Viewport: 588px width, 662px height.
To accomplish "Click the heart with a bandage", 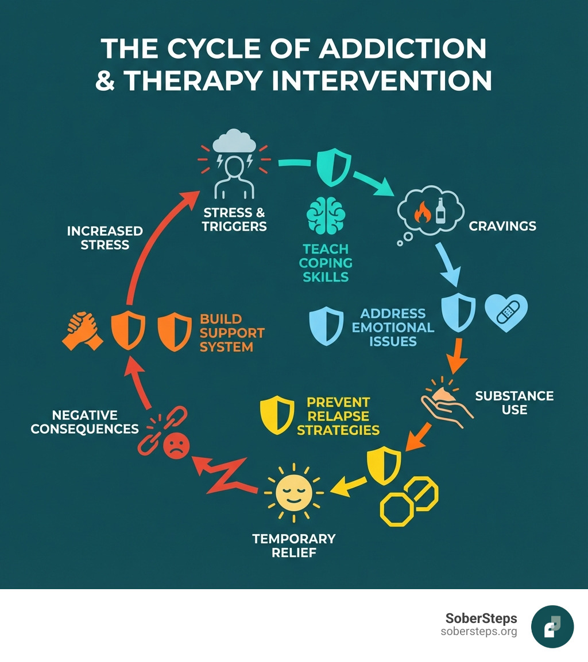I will [x=506, y=313].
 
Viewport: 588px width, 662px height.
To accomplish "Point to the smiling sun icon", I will [x=294, y=492].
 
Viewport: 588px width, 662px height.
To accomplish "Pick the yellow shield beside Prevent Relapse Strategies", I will [x=277, y=415].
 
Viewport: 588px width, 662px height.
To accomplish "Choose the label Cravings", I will [x=502, y=225].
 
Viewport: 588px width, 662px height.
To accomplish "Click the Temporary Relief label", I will [x=294, y=546].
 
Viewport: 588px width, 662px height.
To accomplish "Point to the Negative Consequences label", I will [x=84, y=422].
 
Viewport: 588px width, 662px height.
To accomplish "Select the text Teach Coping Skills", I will [x=326, y=263].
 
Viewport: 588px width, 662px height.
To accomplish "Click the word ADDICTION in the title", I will [x=402, y=49].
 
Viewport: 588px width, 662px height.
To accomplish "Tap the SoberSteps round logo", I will [x=552, y=626].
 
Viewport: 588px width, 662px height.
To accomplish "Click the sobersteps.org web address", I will [x=479, y=632].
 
